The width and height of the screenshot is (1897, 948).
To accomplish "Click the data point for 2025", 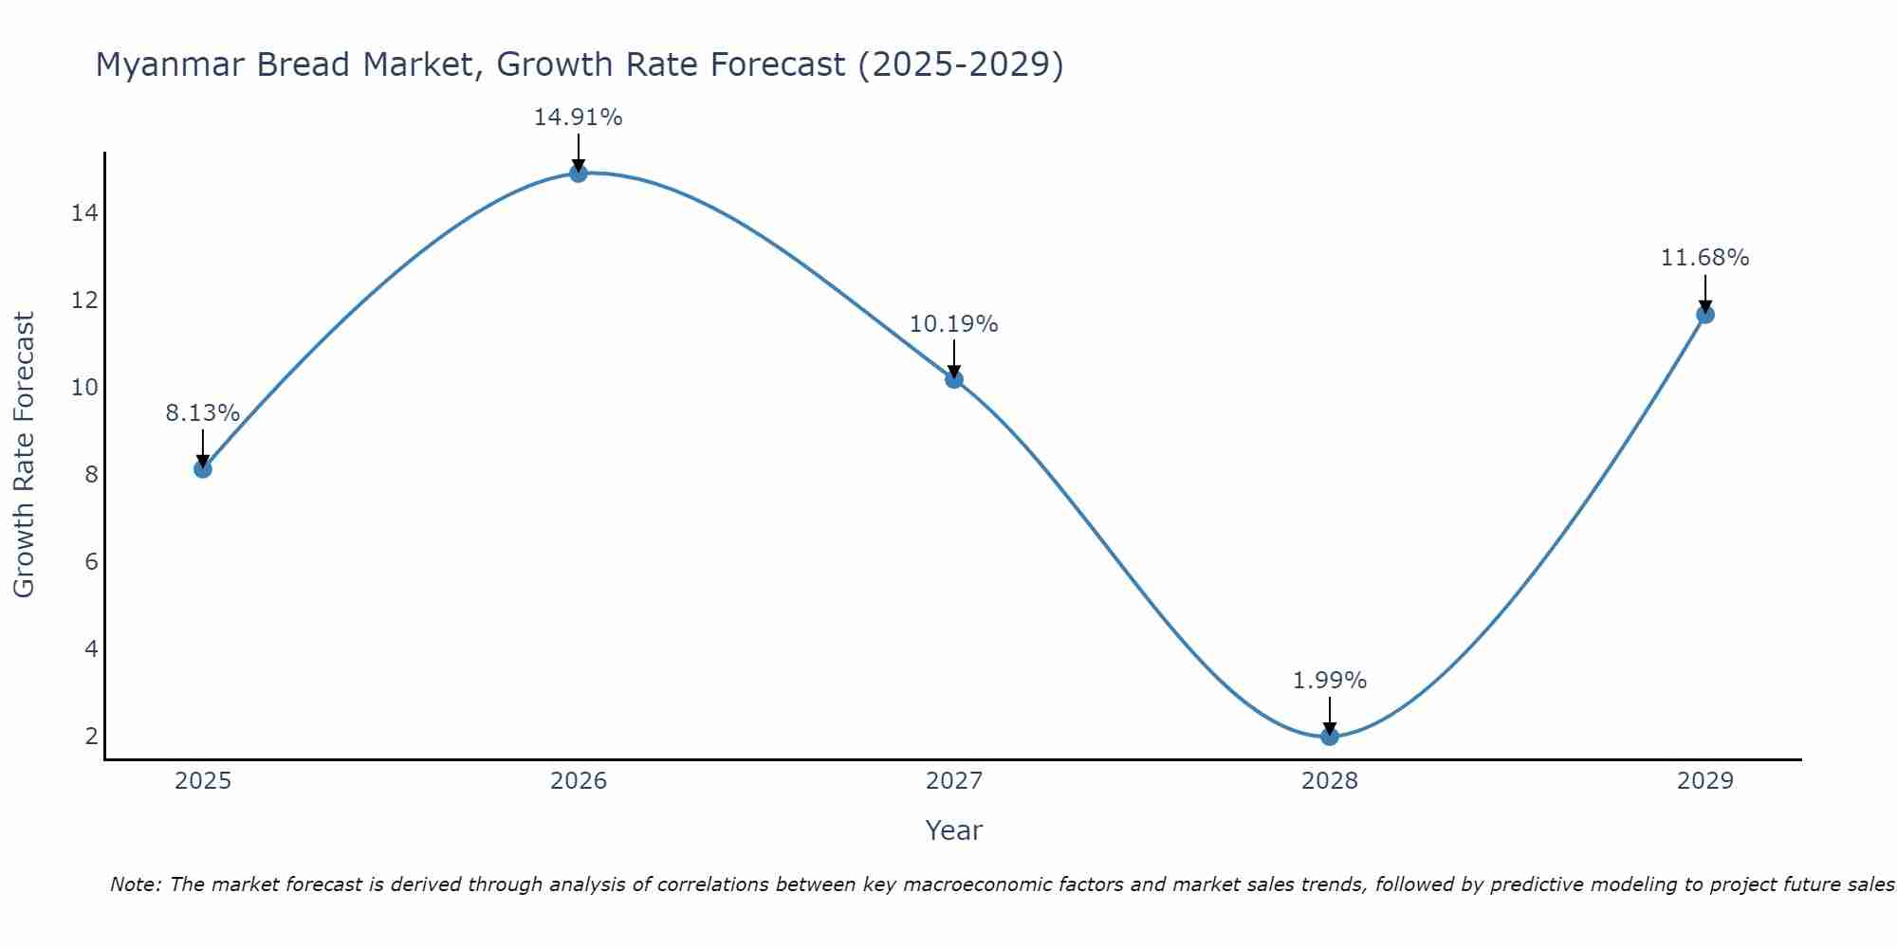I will coord(202,468).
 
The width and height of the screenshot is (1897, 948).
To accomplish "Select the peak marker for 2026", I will coord(578,173).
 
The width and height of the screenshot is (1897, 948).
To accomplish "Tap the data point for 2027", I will coord(953,379).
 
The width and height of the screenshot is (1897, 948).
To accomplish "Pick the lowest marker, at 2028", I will coord(1329,736).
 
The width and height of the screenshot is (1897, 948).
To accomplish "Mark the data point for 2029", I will coord(1704,314).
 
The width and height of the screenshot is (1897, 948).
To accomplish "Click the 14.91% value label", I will coord(578,118).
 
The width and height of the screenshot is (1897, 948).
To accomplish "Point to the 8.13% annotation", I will coord(202,413).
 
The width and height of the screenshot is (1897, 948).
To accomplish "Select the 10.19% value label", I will coord(953,324).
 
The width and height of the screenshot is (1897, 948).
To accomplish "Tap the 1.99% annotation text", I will coord(1329,681).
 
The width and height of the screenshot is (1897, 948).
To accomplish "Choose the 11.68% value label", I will coord(1704,258).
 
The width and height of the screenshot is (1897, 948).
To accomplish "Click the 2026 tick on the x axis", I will coord(578,781).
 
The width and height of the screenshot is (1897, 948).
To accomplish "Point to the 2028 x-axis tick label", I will coord(1329,781).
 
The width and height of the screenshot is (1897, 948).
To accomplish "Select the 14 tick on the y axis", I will coord(84,213).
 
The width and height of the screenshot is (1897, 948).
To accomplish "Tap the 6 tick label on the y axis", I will coord(91,562).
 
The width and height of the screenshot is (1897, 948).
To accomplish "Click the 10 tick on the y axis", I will coord(84,388).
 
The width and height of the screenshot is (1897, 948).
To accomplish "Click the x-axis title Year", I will coord(953,830).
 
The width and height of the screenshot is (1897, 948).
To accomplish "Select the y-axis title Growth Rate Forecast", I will coord(24,455).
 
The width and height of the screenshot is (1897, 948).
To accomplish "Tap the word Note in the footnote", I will coord(134,884).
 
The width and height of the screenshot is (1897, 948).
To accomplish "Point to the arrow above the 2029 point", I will coord(1704,293).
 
